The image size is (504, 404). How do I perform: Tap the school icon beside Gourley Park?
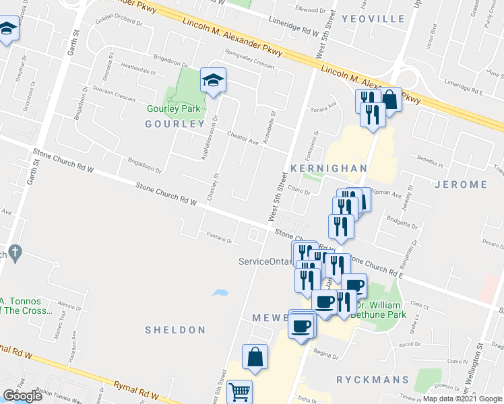pyautogui.click(x=213, y=81)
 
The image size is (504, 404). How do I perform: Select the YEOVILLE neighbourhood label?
pyautogui.click(x=372, y=19)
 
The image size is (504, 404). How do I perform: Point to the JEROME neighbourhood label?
pyautogui.click(x=461, y=184)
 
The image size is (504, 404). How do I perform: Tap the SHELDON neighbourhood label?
pyautogui.click(x=175, y=330)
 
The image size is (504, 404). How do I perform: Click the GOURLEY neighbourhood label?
pyautogui.click(x=175, y=124)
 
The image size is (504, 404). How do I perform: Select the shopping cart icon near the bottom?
pyautogui.click(x=240, y=391)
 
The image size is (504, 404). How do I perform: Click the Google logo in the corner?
pyautogui.click(x=23, y=395)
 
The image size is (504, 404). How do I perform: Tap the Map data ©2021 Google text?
pyautogui.click(x=462, y=399)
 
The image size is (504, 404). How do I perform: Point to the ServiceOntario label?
pyautogui.click(x=265, y=261)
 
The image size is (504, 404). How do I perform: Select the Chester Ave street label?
pyautogui.click(x=243, y=138)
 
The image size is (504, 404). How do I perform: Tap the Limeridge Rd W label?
pyautogui.click(x=294, y=27)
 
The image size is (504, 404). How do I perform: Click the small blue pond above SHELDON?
pyautogui.click(x=219, y=293)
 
